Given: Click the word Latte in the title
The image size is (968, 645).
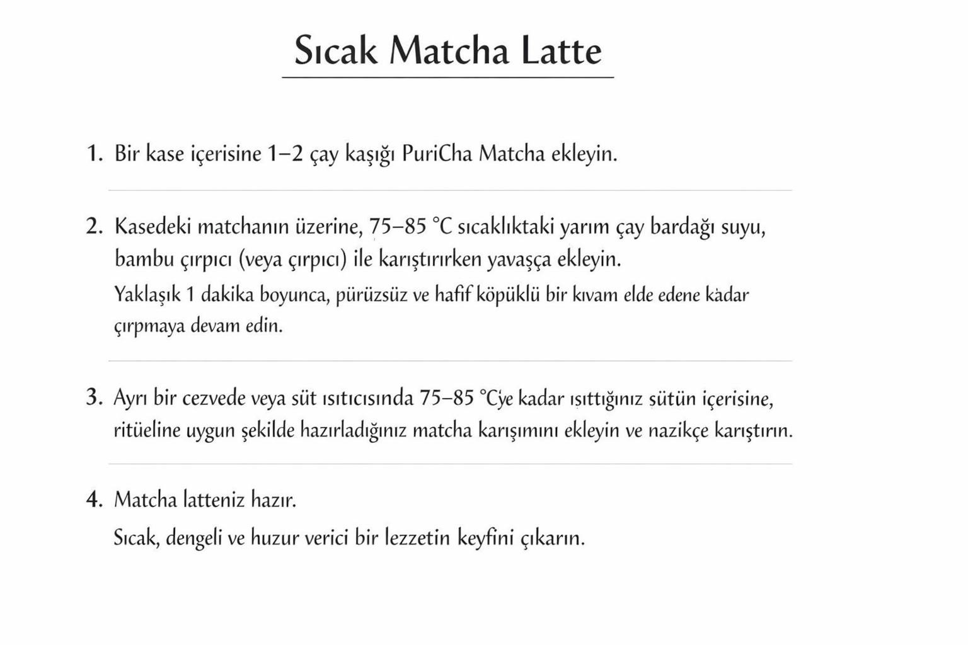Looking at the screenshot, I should tap(561, 50).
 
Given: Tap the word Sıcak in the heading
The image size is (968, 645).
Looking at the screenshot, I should tap(336, 50).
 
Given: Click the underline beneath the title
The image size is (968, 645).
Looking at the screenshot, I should tap(447, 77).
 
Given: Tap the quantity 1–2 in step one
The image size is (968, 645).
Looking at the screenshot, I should tap(284, 154).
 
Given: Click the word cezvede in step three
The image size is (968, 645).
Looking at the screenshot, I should tap(213, 398).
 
